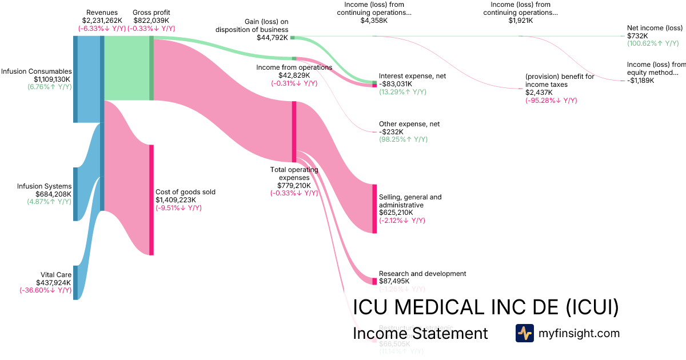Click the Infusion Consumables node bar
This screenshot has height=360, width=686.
pos(75,79)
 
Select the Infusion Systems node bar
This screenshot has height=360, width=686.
pos(75,194)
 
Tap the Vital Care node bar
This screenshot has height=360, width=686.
pos(75,282)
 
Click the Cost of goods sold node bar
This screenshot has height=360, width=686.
pos(151,199)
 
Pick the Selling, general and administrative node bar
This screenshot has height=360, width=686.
pos(374,209)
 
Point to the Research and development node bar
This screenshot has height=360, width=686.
pos(374,281)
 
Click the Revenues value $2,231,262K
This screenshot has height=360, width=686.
pos(102,20)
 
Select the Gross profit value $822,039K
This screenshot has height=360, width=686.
pos(151,20)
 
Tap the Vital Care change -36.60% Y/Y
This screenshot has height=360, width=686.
pos(46,290)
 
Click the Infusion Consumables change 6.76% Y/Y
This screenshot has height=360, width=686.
pos(49,87)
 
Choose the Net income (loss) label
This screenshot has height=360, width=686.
pos(655,27)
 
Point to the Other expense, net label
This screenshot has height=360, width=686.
pos(409,124)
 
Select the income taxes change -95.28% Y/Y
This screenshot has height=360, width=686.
pos(551,100)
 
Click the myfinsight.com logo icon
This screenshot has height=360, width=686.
pos(524,333)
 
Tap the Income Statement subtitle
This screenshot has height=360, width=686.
pos(420,333)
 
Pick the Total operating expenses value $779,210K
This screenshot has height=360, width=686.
pos(294,185)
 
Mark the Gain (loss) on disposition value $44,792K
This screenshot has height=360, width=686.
pos(272,38)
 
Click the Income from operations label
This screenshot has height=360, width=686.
pos(294,67)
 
